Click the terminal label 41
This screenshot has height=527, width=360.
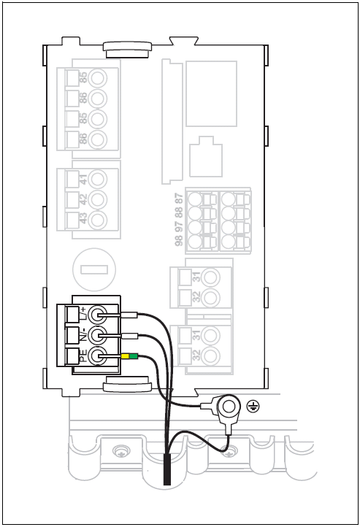(x=83, y=179)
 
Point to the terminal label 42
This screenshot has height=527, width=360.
(x=83, y=199)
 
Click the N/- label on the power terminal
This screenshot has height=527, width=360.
(x=83, y=334)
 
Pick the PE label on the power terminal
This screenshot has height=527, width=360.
(x=83, y=356)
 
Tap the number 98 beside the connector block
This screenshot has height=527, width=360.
(x=179, y=240)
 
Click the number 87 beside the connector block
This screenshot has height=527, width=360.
(x=179, y=199)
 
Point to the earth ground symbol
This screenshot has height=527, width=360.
(x=253, y=407)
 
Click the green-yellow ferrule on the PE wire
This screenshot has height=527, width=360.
(x=129, y=356)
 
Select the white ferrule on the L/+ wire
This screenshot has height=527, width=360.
(x=129, y=315)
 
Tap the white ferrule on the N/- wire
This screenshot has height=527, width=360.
(x=129, y=336)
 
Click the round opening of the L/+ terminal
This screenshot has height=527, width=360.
(x=98, y=315)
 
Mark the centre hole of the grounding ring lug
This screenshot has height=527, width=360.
(x=229, y=407)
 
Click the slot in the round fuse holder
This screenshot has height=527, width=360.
(x=94, y=269)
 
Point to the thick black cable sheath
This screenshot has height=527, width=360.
(x=167, y=469)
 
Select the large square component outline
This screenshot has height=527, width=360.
(x=212, y=93)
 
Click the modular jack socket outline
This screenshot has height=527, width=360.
(x=206, y=157)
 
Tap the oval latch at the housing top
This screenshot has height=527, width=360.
(x=127, y=50)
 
